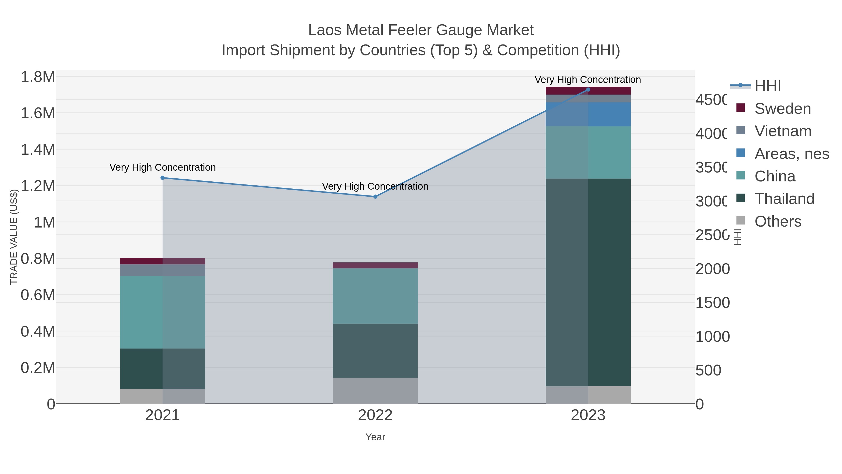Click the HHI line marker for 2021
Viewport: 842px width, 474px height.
pos(163,178)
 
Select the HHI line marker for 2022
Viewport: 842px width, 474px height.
pos(375,197)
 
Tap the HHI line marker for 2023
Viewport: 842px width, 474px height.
pos(588,90)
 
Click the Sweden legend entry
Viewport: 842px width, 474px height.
pos(783,109)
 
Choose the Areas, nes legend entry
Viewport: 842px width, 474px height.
pos(791,154)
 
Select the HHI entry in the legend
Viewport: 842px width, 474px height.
pos(767,86)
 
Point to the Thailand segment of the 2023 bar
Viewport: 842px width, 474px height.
pos(588,282)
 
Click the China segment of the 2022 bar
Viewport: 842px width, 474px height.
pos(375,296)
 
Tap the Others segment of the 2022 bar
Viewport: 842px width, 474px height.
pos(375,391)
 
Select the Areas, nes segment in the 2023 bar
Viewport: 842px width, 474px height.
pos(588,114)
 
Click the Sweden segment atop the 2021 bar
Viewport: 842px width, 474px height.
pos(163,261)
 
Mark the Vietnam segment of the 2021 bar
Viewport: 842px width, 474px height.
pos(163,270)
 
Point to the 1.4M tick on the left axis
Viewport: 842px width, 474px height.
pos(38,150)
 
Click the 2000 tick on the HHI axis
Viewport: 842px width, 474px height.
pos(712,269)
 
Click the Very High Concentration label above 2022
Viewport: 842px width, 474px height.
pos(375,187)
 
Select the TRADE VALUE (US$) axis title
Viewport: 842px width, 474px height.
pos(14,237)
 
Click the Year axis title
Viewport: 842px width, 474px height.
pos(375,437)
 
